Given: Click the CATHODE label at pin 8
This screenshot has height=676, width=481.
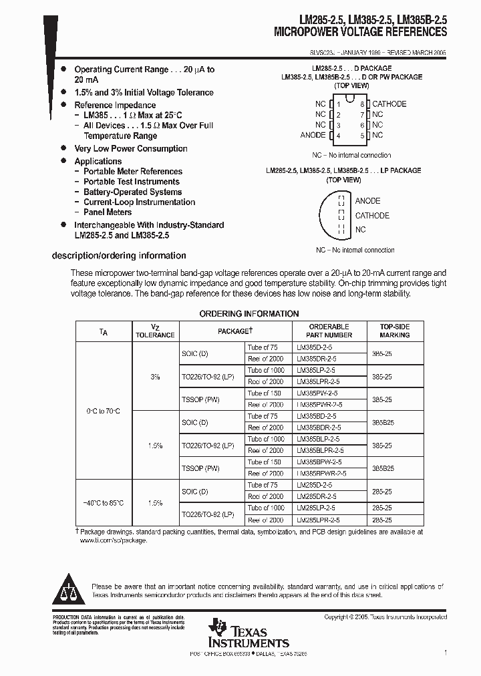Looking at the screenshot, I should (389, 104).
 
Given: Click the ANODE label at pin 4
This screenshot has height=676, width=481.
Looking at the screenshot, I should (313, 135).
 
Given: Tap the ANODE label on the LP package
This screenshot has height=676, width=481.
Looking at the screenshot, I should (367, 201).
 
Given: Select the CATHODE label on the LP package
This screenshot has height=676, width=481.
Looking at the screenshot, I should (372, 216).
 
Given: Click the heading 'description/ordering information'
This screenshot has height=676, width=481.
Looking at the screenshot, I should (119, 256).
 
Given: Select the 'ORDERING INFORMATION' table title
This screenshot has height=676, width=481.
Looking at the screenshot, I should (249, 314).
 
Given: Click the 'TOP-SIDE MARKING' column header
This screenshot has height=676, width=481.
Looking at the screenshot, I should (395, 331).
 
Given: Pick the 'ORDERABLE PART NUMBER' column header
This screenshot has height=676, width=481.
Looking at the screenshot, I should (329, 331).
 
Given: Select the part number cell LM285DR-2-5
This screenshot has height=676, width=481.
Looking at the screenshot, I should (317, 497).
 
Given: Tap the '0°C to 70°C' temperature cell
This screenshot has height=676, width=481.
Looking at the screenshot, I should (103, 411).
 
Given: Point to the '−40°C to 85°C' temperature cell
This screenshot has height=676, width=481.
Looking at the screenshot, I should (103, 502).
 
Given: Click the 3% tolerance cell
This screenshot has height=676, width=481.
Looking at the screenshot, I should (155, 377).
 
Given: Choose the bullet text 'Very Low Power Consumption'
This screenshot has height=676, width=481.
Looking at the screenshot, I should (131, 149).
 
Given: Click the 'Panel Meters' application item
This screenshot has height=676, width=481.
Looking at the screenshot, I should (108, 212).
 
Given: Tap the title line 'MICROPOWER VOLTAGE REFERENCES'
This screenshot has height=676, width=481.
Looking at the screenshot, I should (361, 32).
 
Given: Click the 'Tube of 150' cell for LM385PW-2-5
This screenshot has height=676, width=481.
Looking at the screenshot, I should (265, 393).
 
